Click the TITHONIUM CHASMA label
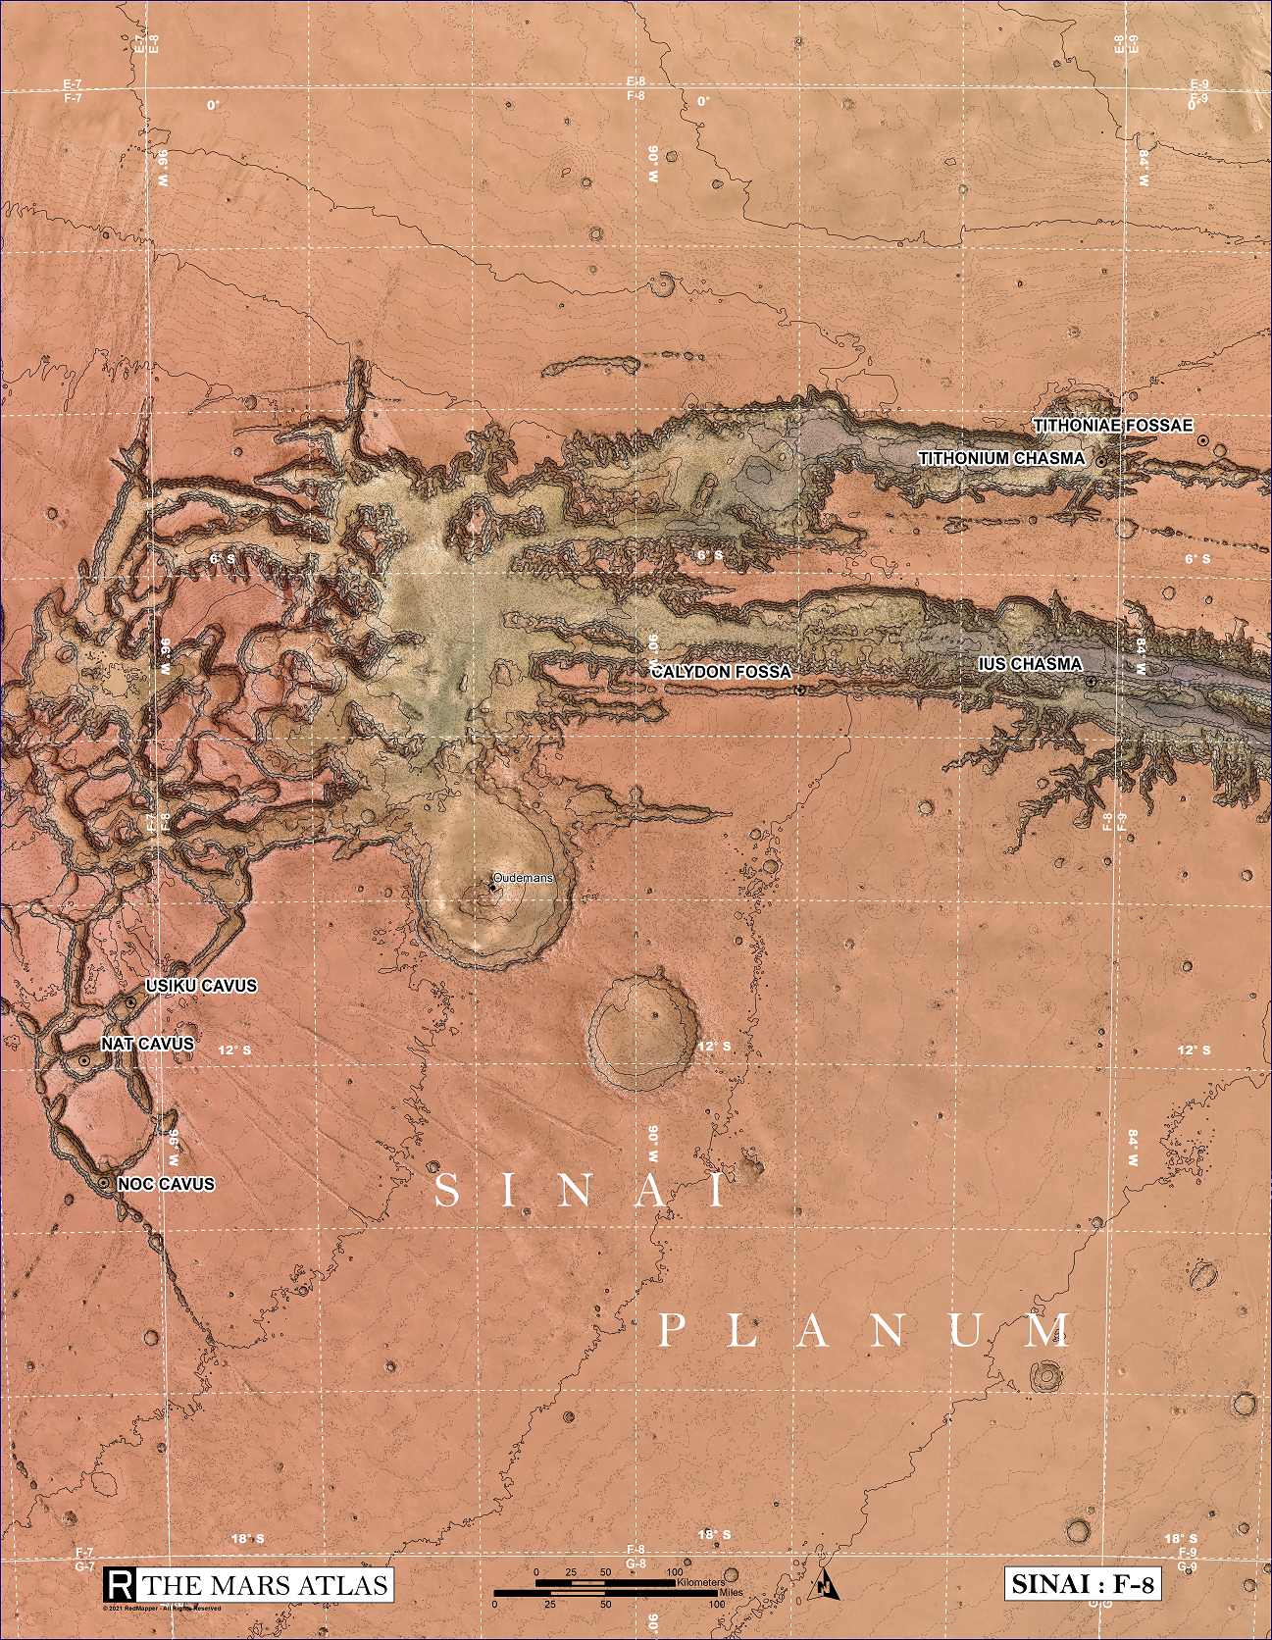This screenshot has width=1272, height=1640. point(1000,458)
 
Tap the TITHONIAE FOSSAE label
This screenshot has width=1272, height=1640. point(1112,425)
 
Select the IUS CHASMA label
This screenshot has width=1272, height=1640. point(1030,664)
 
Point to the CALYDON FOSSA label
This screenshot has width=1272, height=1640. point(721,672)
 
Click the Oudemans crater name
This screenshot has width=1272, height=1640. point(523,878)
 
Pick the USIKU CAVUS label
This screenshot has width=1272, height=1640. point(201,986)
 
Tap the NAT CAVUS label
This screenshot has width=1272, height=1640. point(148,1044)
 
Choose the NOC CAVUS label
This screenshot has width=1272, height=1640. point(165,1184)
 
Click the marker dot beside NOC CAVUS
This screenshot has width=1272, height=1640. point(103,1184)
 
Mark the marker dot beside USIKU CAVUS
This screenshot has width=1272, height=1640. point(131,1002)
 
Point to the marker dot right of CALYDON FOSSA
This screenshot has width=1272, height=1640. point(800,691)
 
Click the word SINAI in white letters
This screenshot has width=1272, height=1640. point(581,1191)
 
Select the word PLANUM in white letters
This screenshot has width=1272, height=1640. point(865,1331)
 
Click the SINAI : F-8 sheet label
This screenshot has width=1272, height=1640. point(1083,1583)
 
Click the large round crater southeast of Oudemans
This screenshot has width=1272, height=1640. point(642,1032)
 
